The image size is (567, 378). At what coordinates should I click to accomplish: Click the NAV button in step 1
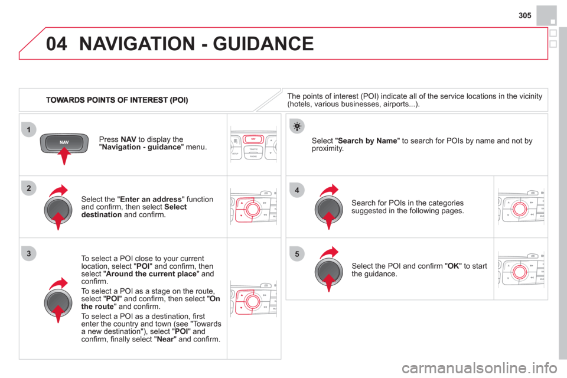click(64, 142)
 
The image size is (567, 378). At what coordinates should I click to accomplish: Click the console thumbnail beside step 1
click(254, 145)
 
